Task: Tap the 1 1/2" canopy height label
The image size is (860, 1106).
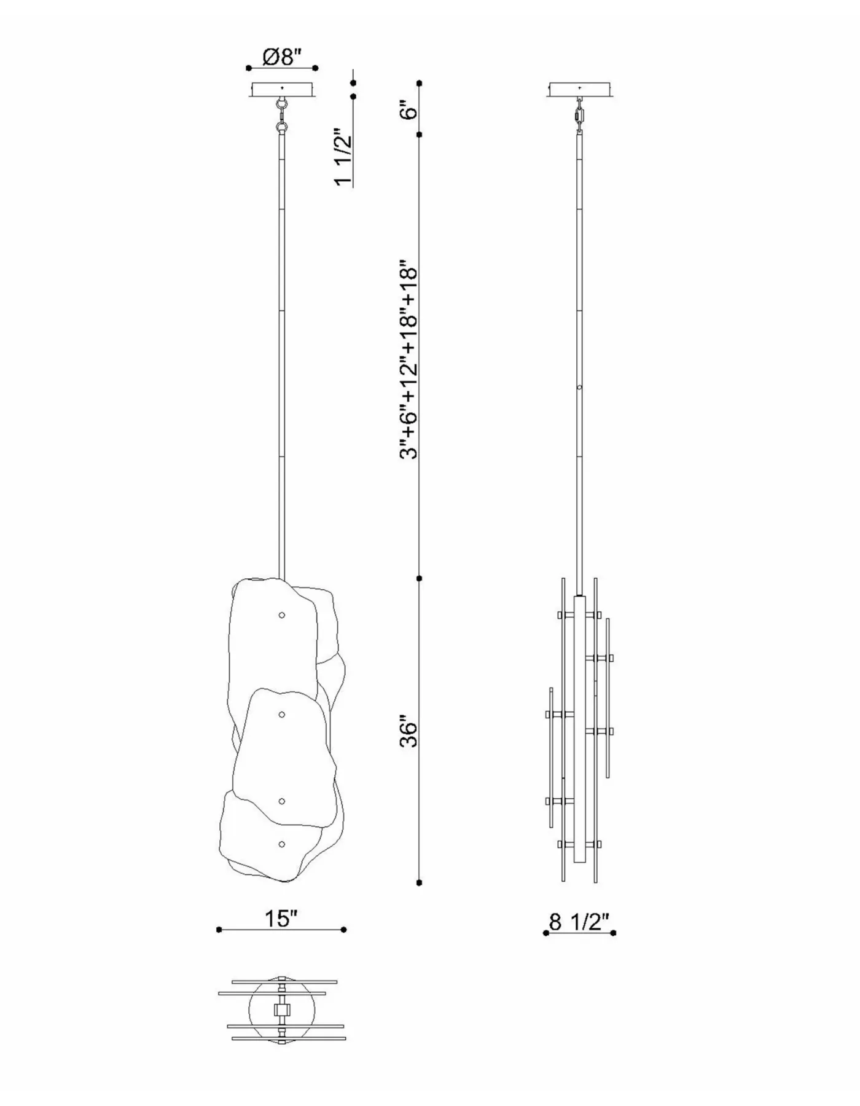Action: click(x=342, y=157)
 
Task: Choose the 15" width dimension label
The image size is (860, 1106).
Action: click(x=281, y=919)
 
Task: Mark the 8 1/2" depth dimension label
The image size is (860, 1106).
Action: click(x=579, y=922)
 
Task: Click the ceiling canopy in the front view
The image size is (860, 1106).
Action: click(x=282, y=90)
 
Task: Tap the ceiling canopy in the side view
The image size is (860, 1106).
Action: click(x=580, y=90)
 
